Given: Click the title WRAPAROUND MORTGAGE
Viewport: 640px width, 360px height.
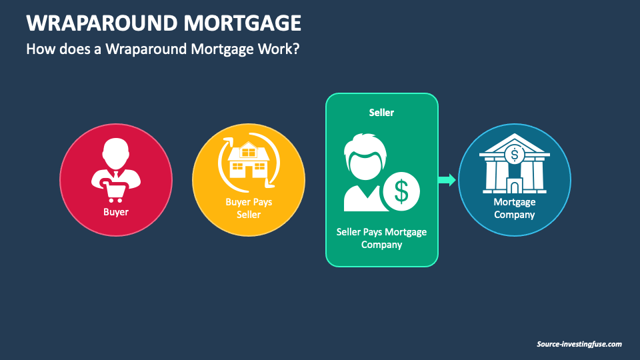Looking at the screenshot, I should tap(163, 23).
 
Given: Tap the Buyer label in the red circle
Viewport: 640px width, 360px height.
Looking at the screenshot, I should tap(115, 213).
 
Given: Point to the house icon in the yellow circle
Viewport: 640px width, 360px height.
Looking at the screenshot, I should tap(248, 161).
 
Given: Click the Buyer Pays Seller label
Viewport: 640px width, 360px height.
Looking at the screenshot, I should tap(248, 207).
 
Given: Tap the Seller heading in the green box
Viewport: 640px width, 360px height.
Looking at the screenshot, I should tap(381, 113).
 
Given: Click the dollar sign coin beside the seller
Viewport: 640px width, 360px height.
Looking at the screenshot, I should tap(401, 191).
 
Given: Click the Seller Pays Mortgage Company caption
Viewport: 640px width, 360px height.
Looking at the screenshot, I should tap(381, 238).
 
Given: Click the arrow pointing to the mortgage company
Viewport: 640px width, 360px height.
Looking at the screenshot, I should tap(447, 179).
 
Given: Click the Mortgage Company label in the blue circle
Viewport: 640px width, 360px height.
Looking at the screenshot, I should tap(514, 208).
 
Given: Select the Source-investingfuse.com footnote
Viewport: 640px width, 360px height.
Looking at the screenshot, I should tap(579, 344).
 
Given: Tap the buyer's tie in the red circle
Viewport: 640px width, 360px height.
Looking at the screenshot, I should tap(115, 175).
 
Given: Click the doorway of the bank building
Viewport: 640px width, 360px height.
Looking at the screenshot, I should tap(514, 185).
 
